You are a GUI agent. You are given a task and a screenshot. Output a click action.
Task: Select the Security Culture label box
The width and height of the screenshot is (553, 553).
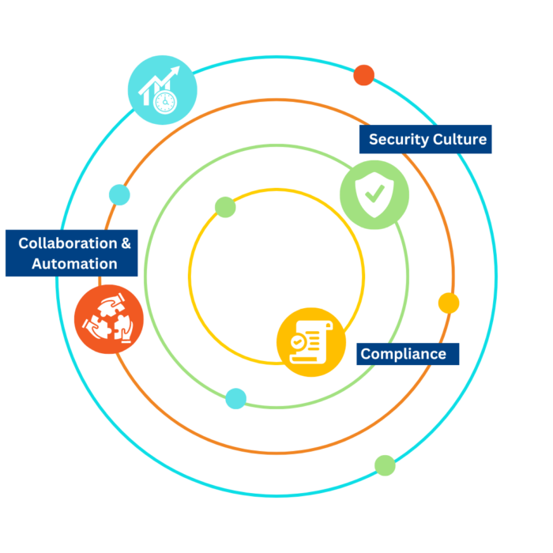coord(427,140)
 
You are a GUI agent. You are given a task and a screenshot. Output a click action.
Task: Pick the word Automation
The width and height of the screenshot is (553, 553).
coord(74,264)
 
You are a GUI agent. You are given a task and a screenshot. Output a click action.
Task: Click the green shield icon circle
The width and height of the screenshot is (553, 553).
coord(374,194)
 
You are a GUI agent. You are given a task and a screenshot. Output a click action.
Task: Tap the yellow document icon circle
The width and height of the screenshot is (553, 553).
coord(310,342)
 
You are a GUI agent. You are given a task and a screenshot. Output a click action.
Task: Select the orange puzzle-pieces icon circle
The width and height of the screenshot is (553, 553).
coord(109,319)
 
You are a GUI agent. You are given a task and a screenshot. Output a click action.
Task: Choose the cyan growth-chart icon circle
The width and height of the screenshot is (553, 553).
coord(162,90)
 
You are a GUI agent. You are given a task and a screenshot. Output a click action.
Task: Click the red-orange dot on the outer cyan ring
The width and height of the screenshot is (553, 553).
coord(364,75)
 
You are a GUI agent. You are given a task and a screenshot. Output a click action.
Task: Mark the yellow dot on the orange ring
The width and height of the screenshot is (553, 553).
coord(449,303)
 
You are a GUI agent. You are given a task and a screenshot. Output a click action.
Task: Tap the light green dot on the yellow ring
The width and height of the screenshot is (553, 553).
coord(225,207)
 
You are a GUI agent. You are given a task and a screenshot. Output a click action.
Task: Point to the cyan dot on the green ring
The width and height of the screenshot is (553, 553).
coord(235,399)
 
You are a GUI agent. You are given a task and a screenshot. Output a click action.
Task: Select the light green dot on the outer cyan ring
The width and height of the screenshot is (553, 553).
coord(385,465)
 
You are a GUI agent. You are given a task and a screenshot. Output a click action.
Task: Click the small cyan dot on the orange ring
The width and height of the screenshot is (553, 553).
coord(119,195)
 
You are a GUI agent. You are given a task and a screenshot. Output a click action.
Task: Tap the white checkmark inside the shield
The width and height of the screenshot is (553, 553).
coord(374,193)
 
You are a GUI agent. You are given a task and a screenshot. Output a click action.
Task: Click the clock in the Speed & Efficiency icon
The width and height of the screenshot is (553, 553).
coord(165,103)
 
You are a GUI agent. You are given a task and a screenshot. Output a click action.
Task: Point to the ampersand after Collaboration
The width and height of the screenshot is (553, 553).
coord(126,243)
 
